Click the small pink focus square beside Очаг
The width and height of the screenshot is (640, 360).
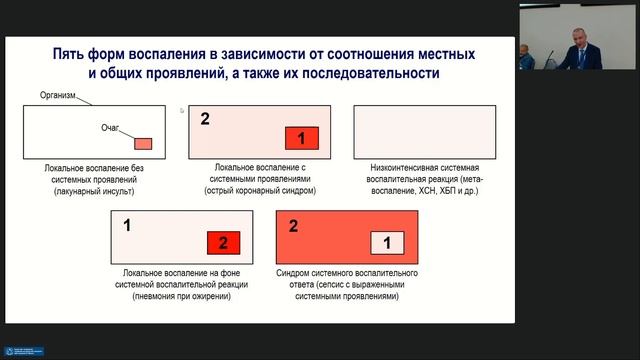[x=143, y=143]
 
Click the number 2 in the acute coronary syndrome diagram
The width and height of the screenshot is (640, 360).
[x=205, y=119]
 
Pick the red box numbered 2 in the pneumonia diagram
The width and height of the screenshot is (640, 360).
[x=224, y=242]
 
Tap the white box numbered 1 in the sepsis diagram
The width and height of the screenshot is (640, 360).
[x=386, y=242]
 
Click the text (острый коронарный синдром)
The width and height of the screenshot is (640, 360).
[x=259, y=190]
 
